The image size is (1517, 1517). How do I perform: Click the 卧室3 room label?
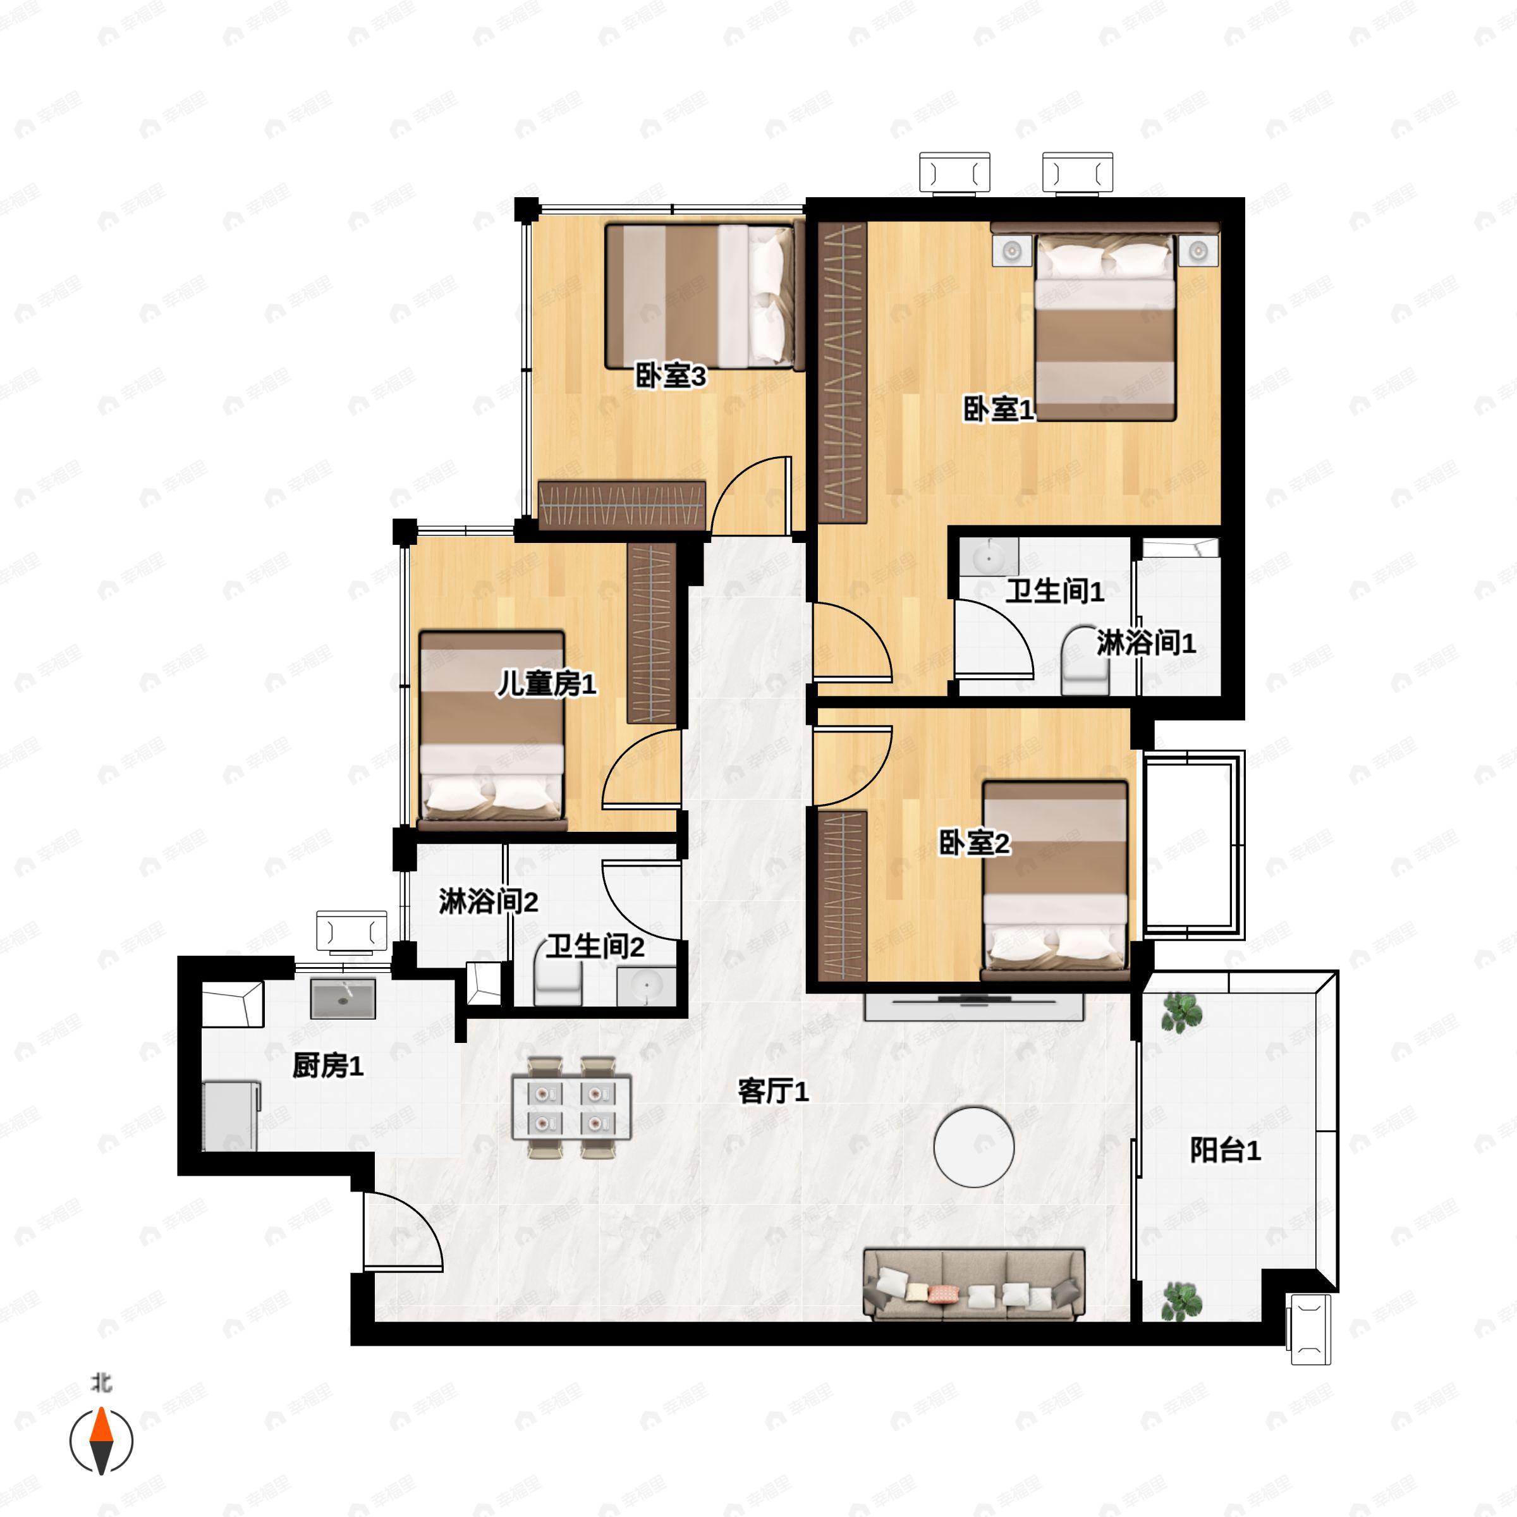coord(671,376)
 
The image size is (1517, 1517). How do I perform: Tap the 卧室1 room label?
coord(999,408)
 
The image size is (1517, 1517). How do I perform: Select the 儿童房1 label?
coord(547,684)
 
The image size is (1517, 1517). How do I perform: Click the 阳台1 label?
coord(1225,1150)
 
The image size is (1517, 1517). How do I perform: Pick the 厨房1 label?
coord(327,1066)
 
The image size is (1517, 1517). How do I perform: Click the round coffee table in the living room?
coord(973,1147)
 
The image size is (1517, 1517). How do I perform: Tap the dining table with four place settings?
coord(571,1107)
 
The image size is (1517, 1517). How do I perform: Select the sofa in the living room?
coord(973,1284)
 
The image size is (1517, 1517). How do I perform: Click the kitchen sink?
coord(343,998)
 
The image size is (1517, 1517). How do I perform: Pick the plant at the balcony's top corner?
coord(1181,1013)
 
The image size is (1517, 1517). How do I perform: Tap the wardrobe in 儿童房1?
coord(651,633)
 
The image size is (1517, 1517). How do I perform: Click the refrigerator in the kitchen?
coord(231,1116)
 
